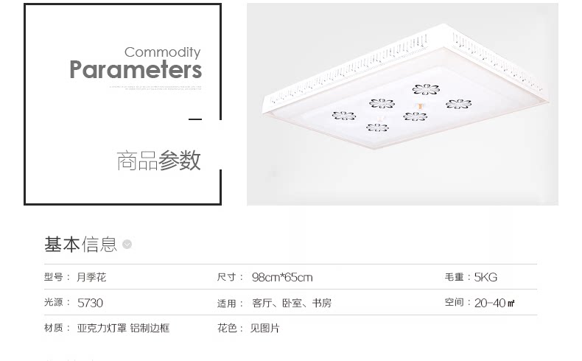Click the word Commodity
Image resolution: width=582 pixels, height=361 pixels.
162,52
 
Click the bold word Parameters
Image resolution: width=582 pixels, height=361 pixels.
136,70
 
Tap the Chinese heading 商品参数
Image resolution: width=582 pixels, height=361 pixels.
158,161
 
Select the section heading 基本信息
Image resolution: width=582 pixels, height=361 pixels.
80,245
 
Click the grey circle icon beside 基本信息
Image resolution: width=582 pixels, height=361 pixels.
127,245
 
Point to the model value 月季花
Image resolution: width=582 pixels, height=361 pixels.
91,278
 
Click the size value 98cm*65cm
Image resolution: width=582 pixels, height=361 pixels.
282,278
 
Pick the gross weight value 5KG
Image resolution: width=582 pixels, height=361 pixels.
485,278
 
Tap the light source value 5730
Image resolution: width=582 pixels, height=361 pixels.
90,303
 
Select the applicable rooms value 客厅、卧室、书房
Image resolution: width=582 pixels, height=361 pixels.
292,303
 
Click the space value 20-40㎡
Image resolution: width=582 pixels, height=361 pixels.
494,303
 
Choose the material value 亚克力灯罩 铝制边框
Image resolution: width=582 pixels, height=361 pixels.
123,328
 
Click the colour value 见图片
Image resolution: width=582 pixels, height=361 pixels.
264,328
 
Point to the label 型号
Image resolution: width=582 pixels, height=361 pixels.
55,278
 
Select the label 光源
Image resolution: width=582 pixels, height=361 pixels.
55,303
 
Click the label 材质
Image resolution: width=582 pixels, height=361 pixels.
55,328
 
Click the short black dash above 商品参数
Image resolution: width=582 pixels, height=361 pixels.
195,119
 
